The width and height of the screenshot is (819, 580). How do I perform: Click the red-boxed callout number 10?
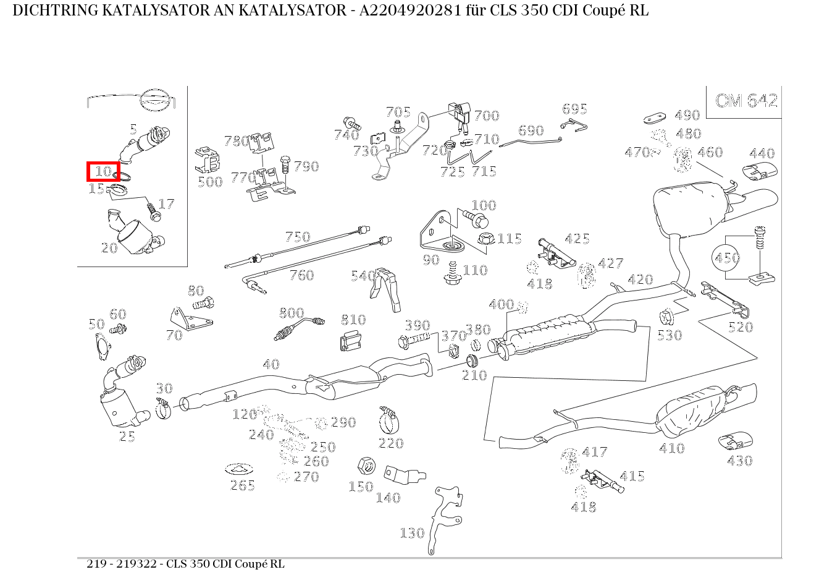click(x=103, y=171)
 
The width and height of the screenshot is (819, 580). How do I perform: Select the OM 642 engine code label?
click(x=746, y=101)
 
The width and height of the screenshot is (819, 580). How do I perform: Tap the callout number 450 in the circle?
click(x=727, y=257)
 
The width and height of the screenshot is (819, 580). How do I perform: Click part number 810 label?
click(x=353, y=320)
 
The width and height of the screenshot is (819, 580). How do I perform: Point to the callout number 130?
click(x=412, y=532)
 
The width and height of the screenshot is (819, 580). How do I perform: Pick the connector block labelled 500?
click(x=208, y=161)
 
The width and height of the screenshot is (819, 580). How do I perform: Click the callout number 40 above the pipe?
click(x=271, y=364)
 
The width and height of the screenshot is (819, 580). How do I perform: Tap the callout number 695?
click(x=574, y=109)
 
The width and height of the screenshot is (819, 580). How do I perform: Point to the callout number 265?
click(x=242, y=485)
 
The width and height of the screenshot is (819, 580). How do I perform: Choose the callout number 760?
click(x=301, y=275)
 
